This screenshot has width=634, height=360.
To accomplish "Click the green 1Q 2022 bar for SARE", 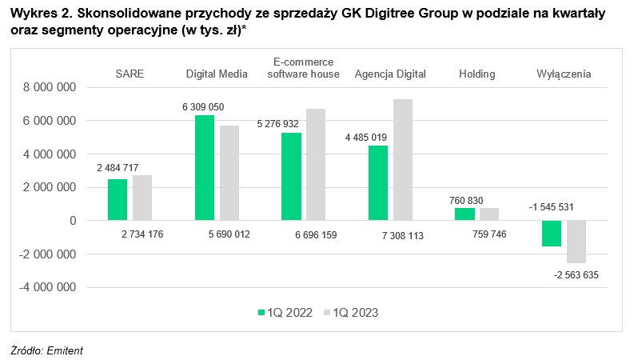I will point(118,199).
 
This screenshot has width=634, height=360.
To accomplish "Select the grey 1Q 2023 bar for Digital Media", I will point(229,173).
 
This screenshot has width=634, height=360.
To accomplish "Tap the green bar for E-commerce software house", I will point(291,176).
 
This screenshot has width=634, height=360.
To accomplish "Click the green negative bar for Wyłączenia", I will point(551,233).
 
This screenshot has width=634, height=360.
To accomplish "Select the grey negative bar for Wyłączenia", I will point(576,242).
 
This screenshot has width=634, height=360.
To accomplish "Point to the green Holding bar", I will point(465,214).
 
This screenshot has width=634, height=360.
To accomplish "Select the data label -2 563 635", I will point(576,275).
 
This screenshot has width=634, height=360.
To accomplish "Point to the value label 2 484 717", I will point(118,167).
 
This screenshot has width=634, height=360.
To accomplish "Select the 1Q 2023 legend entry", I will point(351,313).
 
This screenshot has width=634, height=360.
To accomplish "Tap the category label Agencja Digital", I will point(390,74).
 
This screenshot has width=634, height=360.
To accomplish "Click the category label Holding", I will point(476,74).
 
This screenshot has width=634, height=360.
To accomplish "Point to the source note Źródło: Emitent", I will point(46,350).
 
